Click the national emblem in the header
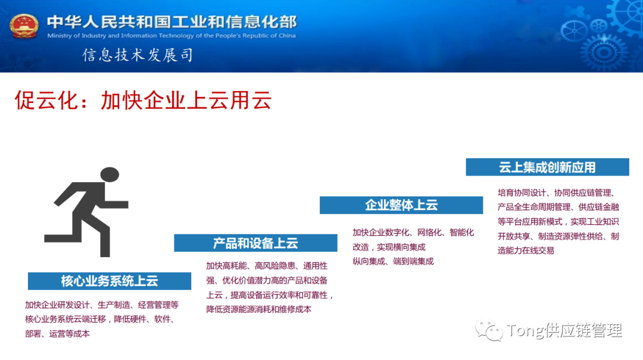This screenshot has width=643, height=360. pyautogui.click(x=24, y=26)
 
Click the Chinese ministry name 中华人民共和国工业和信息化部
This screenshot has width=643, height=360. pyautogui.click(x=171, y=22)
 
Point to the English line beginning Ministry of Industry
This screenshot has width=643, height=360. pyautogui.click(x=171, y=36)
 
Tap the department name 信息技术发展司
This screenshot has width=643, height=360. pyautogui.click(x=138, y=55)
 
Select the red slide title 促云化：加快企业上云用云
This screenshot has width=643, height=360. pyautogui.click(x=143, y=101)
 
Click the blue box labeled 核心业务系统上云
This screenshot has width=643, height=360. pyautogui.click(x=110, y=281)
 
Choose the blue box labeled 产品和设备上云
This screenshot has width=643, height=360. pyautogui.click(x=255, y=243)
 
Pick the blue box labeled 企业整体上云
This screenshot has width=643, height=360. pyautogui.click(x=401, y=205)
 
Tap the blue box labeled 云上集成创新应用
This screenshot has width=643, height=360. pyautogui.click(x=547, y=167)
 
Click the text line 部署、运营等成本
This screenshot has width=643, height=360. pyautogui.click(x=58, y=334)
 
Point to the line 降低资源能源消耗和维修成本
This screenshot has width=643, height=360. pyautogui.click(x=259, y=309)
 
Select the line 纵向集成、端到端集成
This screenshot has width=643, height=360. pyautogui.click(x=393, y=261)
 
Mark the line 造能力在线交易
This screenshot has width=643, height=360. pyautogui.click(x=526, y=251)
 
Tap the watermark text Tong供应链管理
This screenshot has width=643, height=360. pyautogui.click(x=564, y=330)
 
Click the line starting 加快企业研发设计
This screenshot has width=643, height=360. pyautogui.click(x=102, y=305)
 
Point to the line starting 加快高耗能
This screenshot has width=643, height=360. pyautogui.click(x=267, y=265)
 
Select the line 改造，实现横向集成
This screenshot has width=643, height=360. pyautogui.click(x=389, y=247)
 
